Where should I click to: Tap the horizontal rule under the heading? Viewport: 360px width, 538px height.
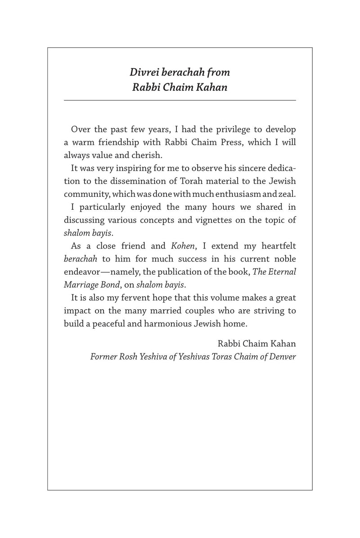tap(180, 99)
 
